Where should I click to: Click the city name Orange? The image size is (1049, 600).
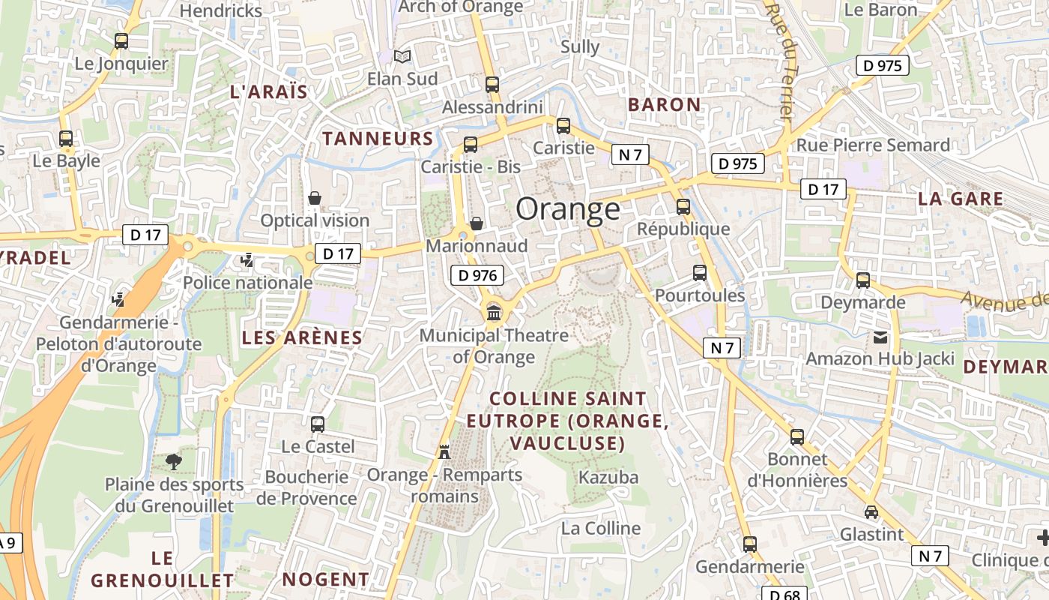click(568, 209)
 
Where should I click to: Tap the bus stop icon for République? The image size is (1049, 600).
click(683, 207)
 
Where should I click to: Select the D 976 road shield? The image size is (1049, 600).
click(477, 275)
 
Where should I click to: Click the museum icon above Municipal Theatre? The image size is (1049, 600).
click(494, 312)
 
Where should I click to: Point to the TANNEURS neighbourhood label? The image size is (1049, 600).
click(378, 138)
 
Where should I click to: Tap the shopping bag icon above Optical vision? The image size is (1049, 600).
click(315, 198)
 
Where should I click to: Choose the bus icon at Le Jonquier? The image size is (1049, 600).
click(121, 41)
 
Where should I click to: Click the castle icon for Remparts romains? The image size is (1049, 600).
click(444, 451)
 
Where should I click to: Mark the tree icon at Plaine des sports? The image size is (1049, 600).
click(174, 461)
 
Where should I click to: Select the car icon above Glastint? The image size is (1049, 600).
click(871, 512)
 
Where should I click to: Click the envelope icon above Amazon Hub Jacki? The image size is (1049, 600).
click(880, 337)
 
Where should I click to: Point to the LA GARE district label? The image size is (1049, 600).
click(961, 199)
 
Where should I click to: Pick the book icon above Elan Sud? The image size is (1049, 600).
click(402, 56)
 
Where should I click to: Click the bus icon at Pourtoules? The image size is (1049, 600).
click(700, 273)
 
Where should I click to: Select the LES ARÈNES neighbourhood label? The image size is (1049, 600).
click(302, 337)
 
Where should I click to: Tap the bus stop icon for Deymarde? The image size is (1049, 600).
click(863, 280)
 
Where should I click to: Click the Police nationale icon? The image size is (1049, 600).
click(247, 260)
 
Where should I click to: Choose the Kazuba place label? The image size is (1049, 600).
click(608, 477)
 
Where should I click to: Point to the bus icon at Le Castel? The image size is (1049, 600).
click(318, 424)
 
